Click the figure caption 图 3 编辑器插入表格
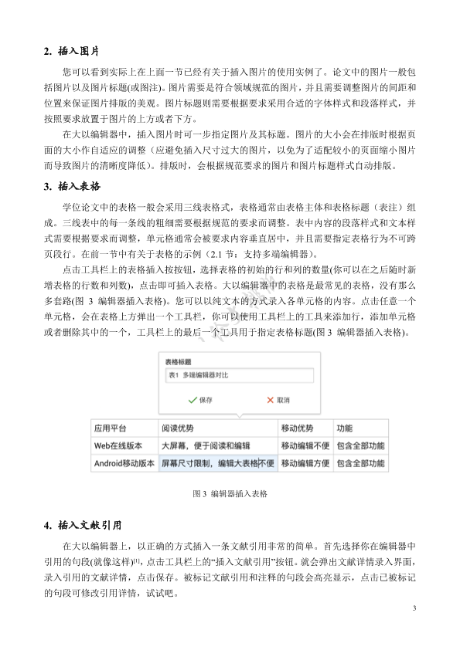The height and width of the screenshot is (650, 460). [x=230, y=493]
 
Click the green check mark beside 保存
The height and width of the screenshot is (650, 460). [x=191, y=401]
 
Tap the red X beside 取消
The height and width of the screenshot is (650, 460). [x=270, y=401]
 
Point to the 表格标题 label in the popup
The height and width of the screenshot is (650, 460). [x=179, y=361]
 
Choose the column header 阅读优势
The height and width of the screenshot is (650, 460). [x=177, y=428]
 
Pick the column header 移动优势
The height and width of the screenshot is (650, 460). [x=297, y=428]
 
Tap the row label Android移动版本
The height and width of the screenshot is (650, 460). [x=124, y=464]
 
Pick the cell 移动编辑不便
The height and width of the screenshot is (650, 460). [x=305, y=446]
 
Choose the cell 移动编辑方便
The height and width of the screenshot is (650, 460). [x=305, y=464]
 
